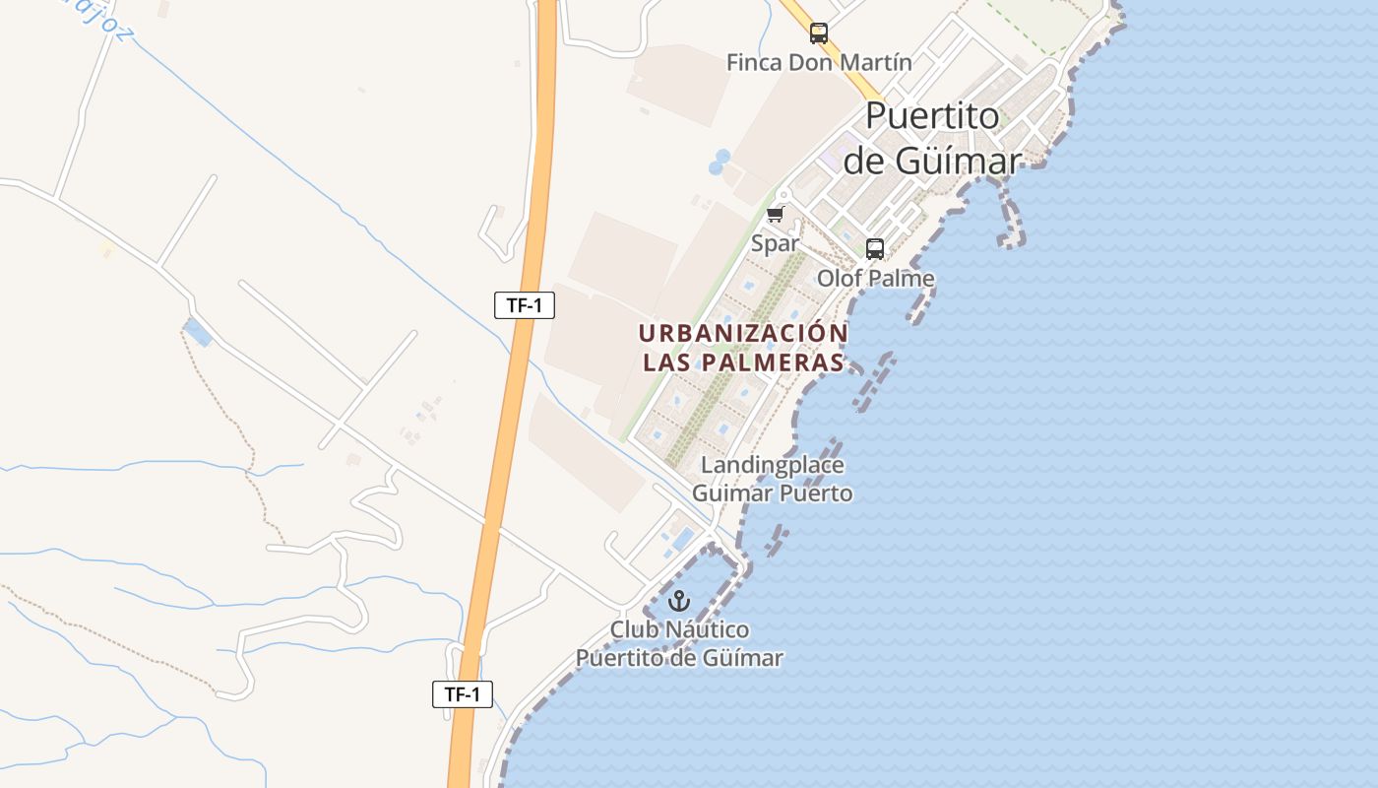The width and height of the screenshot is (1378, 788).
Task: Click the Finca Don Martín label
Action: point(819,62)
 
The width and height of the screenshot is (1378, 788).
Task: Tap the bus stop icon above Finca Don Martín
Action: point(819,33)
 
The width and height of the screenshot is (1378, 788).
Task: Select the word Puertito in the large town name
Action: point(932,115)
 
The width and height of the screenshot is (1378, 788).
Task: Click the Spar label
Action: point(775,242)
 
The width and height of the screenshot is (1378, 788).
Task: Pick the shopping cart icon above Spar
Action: point(776,215)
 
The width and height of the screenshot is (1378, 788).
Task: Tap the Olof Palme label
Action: point(875,279)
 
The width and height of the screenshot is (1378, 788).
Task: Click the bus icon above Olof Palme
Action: point(875,249)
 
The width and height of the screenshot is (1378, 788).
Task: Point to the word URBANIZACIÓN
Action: point(743,333)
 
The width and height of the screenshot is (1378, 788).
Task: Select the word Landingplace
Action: point(772,464)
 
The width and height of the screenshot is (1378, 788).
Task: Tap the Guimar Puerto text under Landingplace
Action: point(772,492)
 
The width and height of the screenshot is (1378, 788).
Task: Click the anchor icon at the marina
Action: point(679,600)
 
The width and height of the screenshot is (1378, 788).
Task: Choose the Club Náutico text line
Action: point(679,629)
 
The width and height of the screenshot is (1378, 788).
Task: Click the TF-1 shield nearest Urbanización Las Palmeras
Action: point(525,305)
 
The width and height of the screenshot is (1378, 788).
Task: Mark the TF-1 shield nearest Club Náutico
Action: point(463,693)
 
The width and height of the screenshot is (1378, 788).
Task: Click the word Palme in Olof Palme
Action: point(902,279)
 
